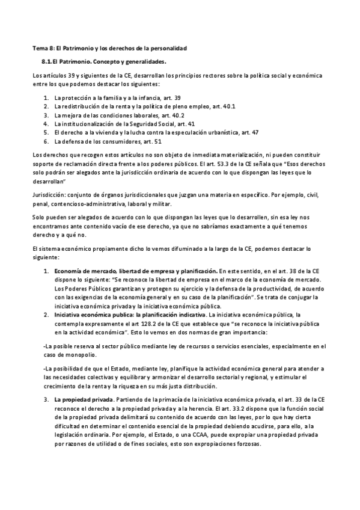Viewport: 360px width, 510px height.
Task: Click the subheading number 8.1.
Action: [47, 61]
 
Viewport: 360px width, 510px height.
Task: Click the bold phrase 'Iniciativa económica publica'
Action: [93, 314]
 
